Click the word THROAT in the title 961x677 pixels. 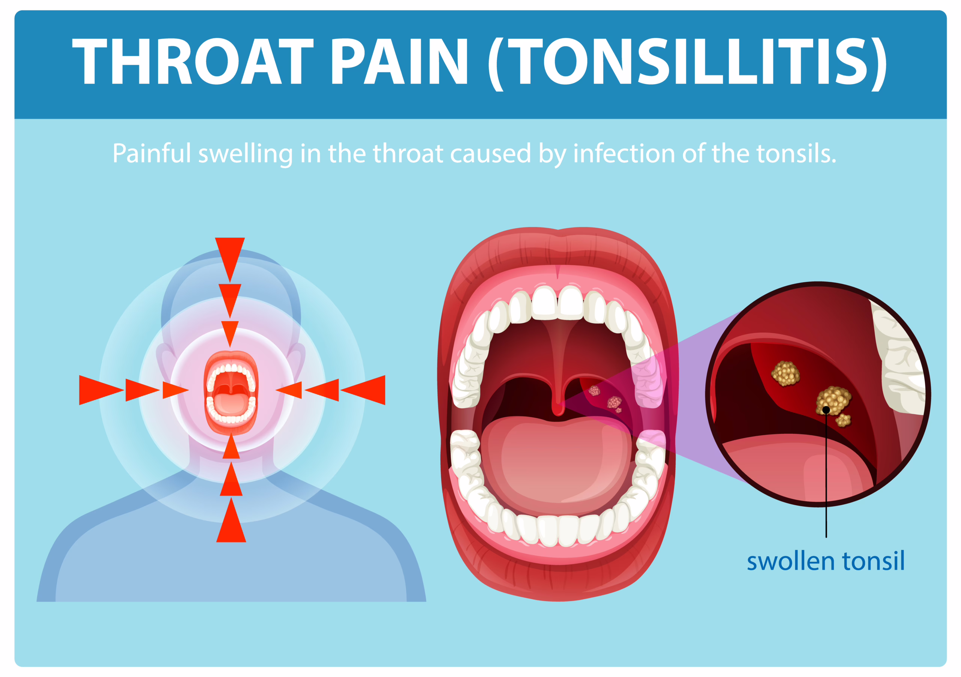pos(193,62)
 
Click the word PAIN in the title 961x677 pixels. pos(400,62)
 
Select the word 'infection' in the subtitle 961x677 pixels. pos(624,153)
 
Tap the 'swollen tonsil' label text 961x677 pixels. pos(825,562)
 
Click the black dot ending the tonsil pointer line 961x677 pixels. pos(826,410)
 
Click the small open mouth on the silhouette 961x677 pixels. pos(230,393)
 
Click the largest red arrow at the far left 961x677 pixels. pos(98,390)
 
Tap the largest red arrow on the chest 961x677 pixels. pos(231,523)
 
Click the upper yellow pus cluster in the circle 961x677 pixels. pos(785,373)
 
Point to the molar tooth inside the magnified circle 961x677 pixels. pos(900,360)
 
